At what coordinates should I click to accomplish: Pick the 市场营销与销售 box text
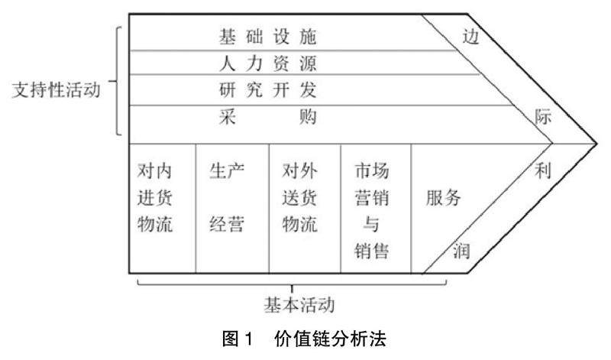pos(372,211)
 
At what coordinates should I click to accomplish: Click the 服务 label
pos(444,198)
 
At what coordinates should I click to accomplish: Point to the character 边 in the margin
pos(471,36)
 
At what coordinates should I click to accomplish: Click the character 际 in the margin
pos(543,118)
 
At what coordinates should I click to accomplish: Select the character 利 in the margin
pos(543,171)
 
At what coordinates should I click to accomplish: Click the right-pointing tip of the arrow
pos(596,142)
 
